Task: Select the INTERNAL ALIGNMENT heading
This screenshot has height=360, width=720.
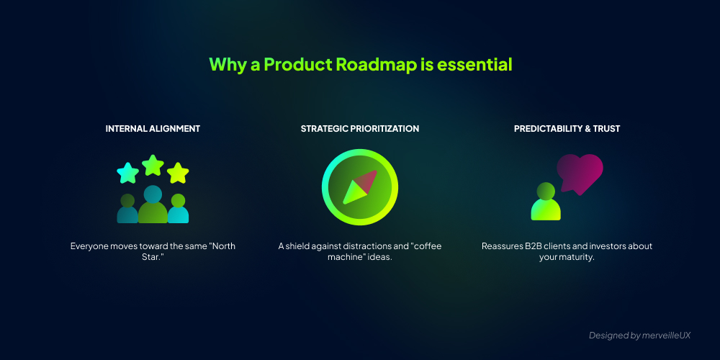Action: pyautogui.click(x=153, y=129)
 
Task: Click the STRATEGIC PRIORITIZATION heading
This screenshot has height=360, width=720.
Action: pyautogui.click(x=360, y=129)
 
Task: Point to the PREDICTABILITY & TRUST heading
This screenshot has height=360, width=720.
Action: pyautogui.click(x=567, y=129)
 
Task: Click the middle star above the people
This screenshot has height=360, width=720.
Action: pyautogui.click(x=153, y=166)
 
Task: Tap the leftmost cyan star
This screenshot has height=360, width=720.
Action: pyautogui.click(x=127, y=173)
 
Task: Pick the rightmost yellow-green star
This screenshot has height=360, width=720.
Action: pyautogui.click(x=178, y=173)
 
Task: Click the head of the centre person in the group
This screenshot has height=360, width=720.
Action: pyautogui.click(x=153, y=194)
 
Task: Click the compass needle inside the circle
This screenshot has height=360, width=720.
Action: pyautogui.click(x=360, y=187)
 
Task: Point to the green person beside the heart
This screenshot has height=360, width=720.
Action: pyautogui.click(x=546, y=202)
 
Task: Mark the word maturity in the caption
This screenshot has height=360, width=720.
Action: pyautogui.click(x=576, y=258)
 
